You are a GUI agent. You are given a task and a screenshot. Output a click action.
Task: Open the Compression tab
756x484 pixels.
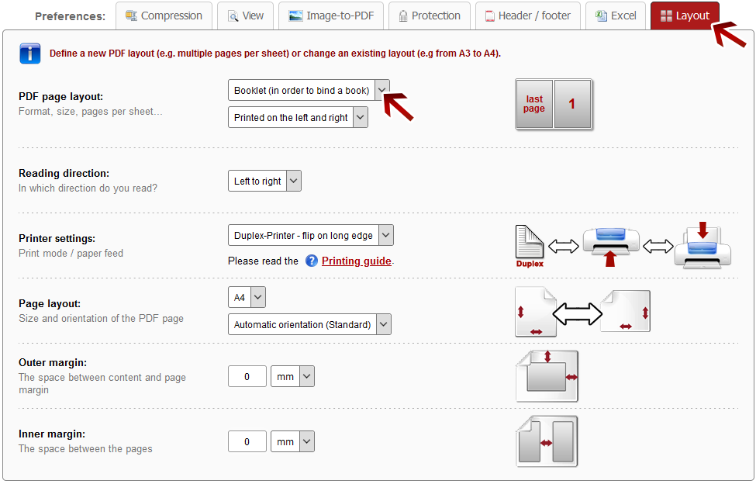tap(164, 16)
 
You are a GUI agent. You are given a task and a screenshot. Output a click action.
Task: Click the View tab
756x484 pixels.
tap(246, 16)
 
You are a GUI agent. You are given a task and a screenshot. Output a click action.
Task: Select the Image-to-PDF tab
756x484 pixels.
tap(331, 16)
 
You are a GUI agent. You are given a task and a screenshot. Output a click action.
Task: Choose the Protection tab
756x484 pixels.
tap(429, 16)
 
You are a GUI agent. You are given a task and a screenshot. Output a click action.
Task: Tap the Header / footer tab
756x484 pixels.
tap(527, 16)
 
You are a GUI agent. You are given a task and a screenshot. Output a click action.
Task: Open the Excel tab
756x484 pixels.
tap(616, 16)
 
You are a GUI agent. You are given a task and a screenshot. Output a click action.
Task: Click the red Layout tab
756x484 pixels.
tap(685, 16)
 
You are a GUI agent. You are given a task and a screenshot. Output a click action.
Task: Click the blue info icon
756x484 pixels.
tap(30, 54)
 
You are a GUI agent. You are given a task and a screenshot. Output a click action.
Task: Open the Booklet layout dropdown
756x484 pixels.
tap(309, 90)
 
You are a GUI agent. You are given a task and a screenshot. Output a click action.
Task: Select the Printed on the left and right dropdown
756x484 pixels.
tap(298, 117)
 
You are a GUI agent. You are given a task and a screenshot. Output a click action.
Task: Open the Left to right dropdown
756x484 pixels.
tap(264, 181)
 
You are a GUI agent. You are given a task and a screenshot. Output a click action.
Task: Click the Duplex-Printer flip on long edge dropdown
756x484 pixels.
tap(311, 235)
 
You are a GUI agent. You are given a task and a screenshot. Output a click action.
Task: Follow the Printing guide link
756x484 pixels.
tap(357, 261)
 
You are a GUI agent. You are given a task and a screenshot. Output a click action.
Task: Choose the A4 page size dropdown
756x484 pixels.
tap(247, 297)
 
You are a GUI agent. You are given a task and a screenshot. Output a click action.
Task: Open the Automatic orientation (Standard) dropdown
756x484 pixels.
tap(309, 324)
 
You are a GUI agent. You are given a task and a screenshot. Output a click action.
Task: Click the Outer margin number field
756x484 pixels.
tap(247, 376)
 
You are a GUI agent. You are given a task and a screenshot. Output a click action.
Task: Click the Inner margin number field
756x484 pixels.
tap(247, 441)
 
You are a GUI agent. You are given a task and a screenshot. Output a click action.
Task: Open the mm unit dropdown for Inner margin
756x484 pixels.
tap(292, 441)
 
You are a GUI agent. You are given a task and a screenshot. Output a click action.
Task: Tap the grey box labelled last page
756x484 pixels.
tap(534, 104)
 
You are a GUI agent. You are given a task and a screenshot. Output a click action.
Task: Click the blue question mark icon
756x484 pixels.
tap(312, 261)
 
